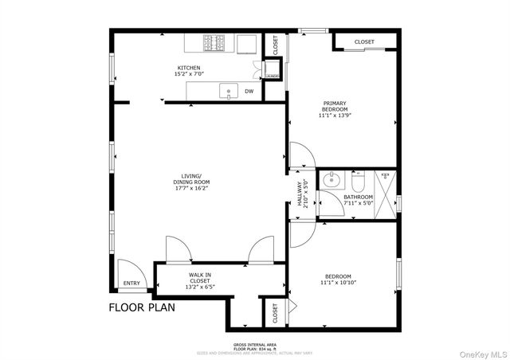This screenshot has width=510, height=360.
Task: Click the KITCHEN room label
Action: [189, 68]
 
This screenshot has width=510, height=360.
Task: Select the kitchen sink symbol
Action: [229, 91]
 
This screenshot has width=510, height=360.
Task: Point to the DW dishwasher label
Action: [249, 91]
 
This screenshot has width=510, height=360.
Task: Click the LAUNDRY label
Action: [272, 76]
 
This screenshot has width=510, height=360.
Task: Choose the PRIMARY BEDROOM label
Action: [335, 105]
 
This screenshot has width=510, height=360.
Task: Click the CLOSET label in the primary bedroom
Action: [364, 41]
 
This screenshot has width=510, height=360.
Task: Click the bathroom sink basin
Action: [331, 179]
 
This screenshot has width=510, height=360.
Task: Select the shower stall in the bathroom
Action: [385, 192]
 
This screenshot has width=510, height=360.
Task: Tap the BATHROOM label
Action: [358, 197]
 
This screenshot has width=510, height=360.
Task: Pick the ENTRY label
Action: [131, 283]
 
